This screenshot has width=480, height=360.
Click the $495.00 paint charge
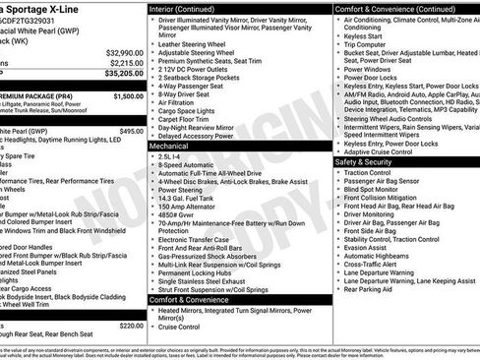coord(132,130)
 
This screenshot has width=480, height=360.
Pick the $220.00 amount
coord(132,326)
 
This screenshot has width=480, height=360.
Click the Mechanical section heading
coord(169,145)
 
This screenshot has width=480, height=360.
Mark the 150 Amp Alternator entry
coord(194,209)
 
